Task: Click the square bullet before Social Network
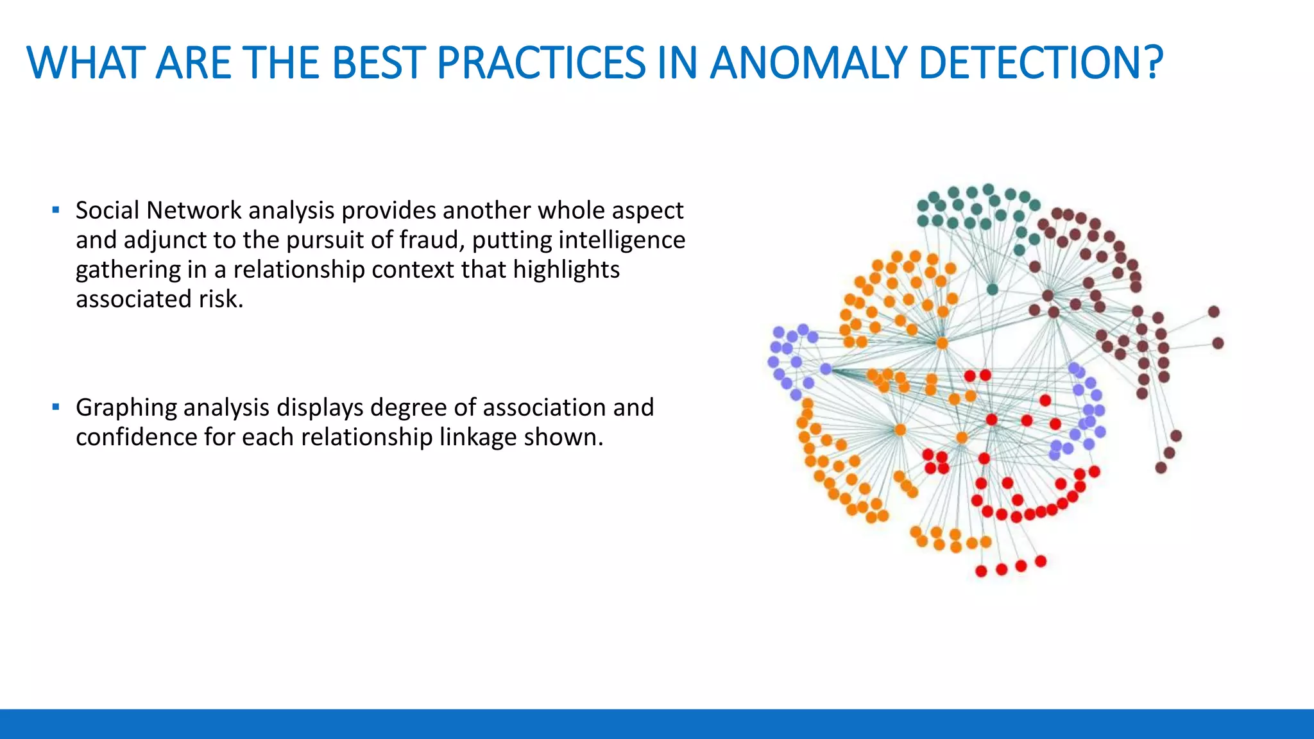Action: pyautogui.click(x=56, y=210)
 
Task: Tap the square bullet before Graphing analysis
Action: pyautogui.click(x=56, y=407)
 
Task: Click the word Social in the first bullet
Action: pyautogui.click(x=107, y=210)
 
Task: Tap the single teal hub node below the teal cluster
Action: pyautogui.click(x=993, y=289)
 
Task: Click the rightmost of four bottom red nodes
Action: pyautogui.click(x=1041, y=561)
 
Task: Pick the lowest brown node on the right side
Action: pyautogui.click(x=1161, y=468)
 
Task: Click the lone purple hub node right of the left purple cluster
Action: pyautogui.click(x=826, y=369)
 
